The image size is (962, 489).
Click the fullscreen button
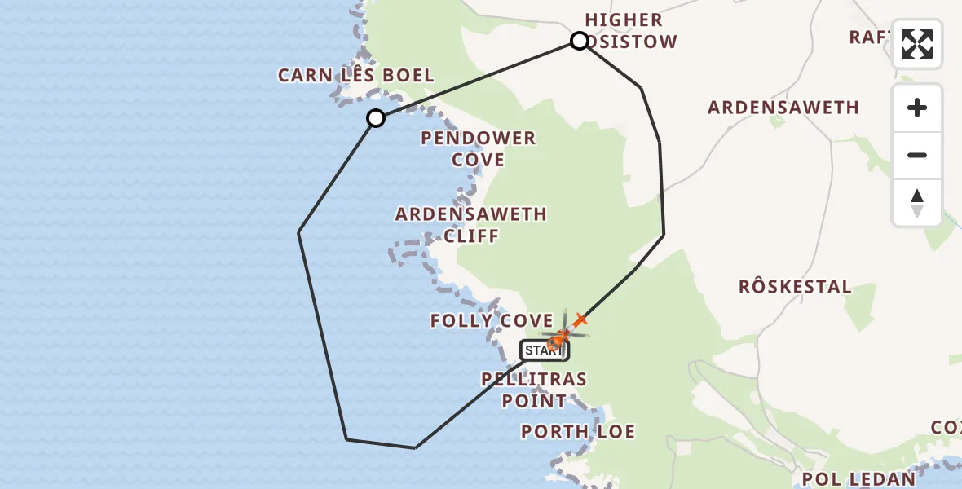917,44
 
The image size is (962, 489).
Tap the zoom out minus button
917,155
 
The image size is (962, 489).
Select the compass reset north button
917,202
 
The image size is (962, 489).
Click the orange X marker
580,319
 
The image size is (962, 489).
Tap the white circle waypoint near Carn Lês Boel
375,118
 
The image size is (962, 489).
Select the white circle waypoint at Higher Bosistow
579,41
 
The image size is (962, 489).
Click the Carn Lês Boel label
355,76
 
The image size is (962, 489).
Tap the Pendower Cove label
479,149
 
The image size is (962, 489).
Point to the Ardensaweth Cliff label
471,225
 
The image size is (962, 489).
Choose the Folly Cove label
492,321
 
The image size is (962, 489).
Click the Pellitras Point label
534,390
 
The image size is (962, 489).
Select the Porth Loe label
578,431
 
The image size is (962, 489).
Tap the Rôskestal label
795,287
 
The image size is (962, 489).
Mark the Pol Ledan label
859,478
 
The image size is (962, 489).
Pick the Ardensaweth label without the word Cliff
783,108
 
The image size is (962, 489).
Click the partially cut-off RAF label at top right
869,37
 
